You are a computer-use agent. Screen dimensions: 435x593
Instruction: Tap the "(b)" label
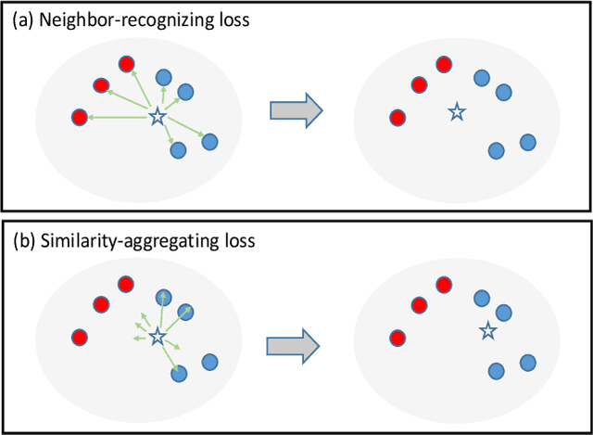21,240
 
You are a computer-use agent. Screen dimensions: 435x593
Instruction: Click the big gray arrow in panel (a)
294,111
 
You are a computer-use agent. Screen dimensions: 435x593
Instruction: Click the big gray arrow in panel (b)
294,345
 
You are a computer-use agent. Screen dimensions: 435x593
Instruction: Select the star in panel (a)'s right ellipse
455,112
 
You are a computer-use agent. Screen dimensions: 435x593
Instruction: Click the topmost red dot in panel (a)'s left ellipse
126,63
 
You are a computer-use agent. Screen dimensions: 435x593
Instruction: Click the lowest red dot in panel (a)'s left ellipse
80,118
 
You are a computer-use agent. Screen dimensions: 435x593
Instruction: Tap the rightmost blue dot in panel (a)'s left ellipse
210,142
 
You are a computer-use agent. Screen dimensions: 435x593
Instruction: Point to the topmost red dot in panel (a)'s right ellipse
444,65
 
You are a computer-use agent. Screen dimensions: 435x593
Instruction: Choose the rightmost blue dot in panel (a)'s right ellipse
528,142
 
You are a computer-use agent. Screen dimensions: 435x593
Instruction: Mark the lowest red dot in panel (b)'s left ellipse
80,336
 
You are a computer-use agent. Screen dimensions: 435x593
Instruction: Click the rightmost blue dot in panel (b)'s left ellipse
210,361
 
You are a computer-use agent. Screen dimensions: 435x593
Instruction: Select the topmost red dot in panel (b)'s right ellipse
444,283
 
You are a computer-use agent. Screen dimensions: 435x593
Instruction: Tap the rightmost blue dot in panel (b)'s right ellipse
528,362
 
